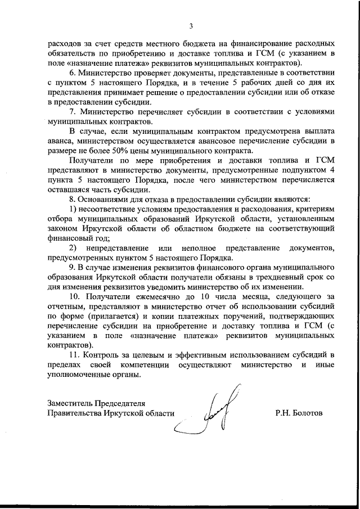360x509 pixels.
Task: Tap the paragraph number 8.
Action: (x=72, y=199)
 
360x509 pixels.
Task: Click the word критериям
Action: (x=314, y=209)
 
